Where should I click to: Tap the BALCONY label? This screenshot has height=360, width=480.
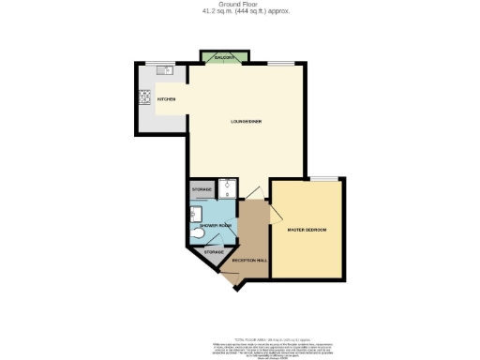223,58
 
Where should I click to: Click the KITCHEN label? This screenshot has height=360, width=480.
167,98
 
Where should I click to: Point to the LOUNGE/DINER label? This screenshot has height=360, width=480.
246,122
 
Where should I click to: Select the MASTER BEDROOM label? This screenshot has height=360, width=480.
307,229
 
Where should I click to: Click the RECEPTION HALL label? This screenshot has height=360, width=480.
249,260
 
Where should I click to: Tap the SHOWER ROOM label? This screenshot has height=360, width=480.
216,225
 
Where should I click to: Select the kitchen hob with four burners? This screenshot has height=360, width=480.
145,97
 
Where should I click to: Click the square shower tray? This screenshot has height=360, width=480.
228,187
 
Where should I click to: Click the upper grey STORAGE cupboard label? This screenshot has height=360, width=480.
202,190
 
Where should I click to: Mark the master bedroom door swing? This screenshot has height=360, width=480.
277,214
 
